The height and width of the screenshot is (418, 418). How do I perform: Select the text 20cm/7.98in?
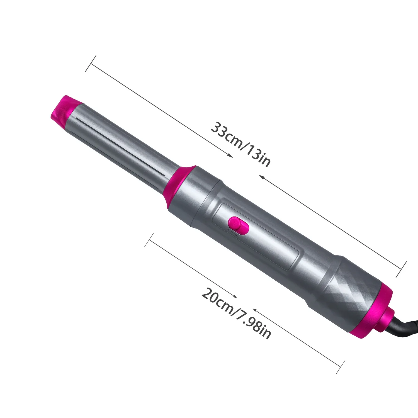236,313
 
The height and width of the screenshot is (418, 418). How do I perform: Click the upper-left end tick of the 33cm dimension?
91,63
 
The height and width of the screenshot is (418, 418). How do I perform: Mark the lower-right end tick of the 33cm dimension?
401,269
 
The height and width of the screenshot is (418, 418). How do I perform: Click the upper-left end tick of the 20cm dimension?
149,240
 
